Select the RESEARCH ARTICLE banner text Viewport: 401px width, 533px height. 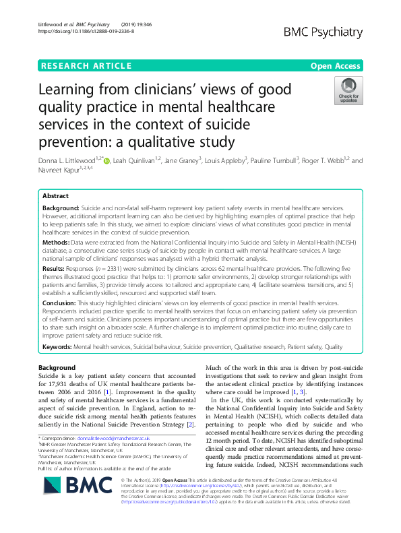[x=86, y=66]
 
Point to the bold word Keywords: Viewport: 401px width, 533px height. [x=59, y=346]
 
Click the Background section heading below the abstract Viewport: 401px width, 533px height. [x=57, y=368]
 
